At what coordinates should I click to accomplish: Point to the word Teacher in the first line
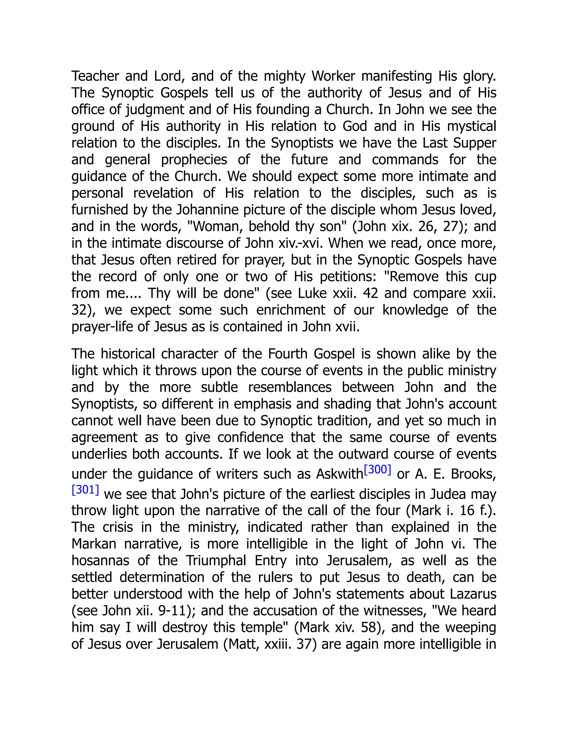(95, 76)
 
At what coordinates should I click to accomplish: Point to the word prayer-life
(101, 327)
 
